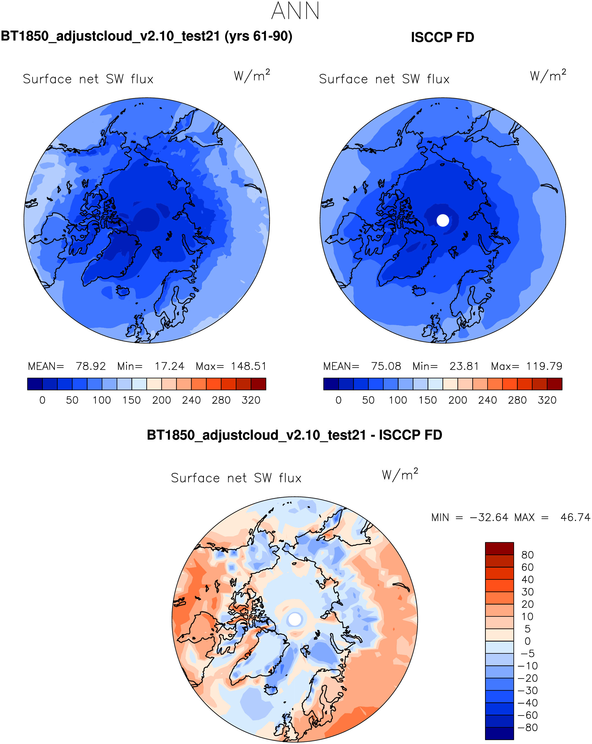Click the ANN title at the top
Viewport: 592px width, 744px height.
295,11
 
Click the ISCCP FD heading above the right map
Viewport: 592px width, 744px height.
442,37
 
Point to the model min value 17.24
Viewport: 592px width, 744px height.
169,366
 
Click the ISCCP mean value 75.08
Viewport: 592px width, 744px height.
386,366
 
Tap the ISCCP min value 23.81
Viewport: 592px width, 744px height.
464,366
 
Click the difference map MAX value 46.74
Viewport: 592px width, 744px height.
575,518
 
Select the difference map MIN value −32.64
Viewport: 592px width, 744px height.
489,518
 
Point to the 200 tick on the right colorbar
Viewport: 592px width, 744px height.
458,400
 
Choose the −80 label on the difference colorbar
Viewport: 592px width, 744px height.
527,728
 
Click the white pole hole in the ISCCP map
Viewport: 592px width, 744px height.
443,220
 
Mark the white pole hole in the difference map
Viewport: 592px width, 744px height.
295,619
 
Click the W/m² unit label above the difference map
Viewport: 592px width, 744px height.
400,475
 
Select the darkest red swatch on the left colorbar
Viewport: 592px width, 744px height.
258,384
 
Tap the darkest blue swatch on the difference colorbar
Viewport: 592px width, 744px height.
499,734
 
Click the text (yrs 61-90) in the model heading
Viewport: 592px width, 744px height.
258,36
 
